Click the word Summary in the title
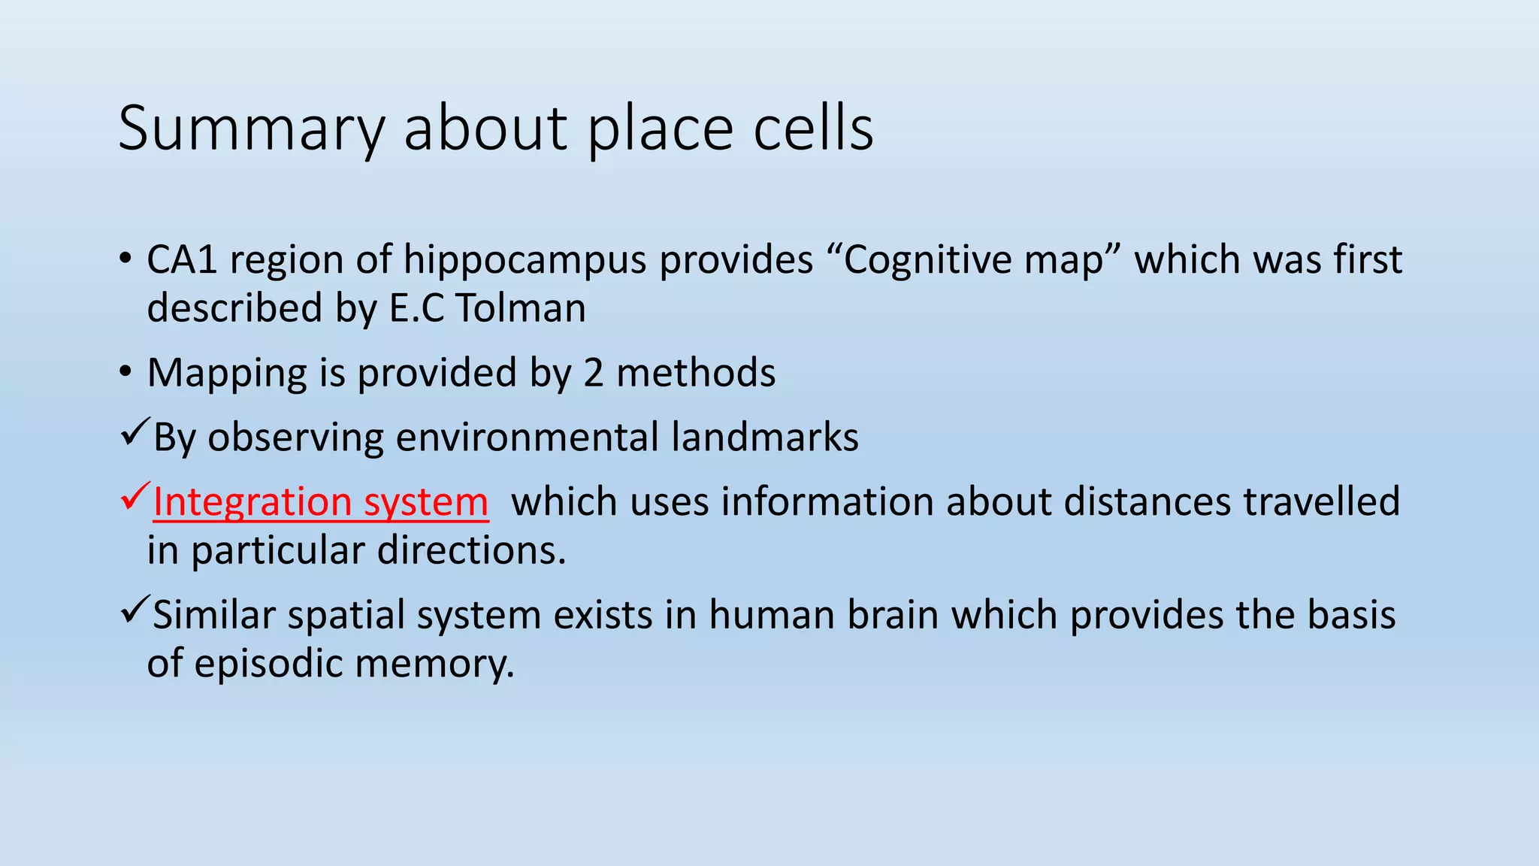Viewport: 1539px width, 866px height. click(x=250, y=129)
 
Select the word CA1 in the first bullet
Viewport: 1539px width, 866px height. click(x=182, y=260)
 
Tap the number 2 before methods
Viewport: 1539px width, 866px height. click(x=594, y=373)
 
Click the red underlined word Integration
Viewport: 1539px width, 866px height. click(x=252, y=502)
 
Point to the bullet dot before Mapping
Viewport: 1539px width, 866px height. click(x=125, y=372)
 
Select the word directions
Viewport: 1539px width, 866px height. click(x=470, y=551)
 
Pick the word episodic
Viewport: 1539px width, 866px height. click(x=268, y=664)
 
